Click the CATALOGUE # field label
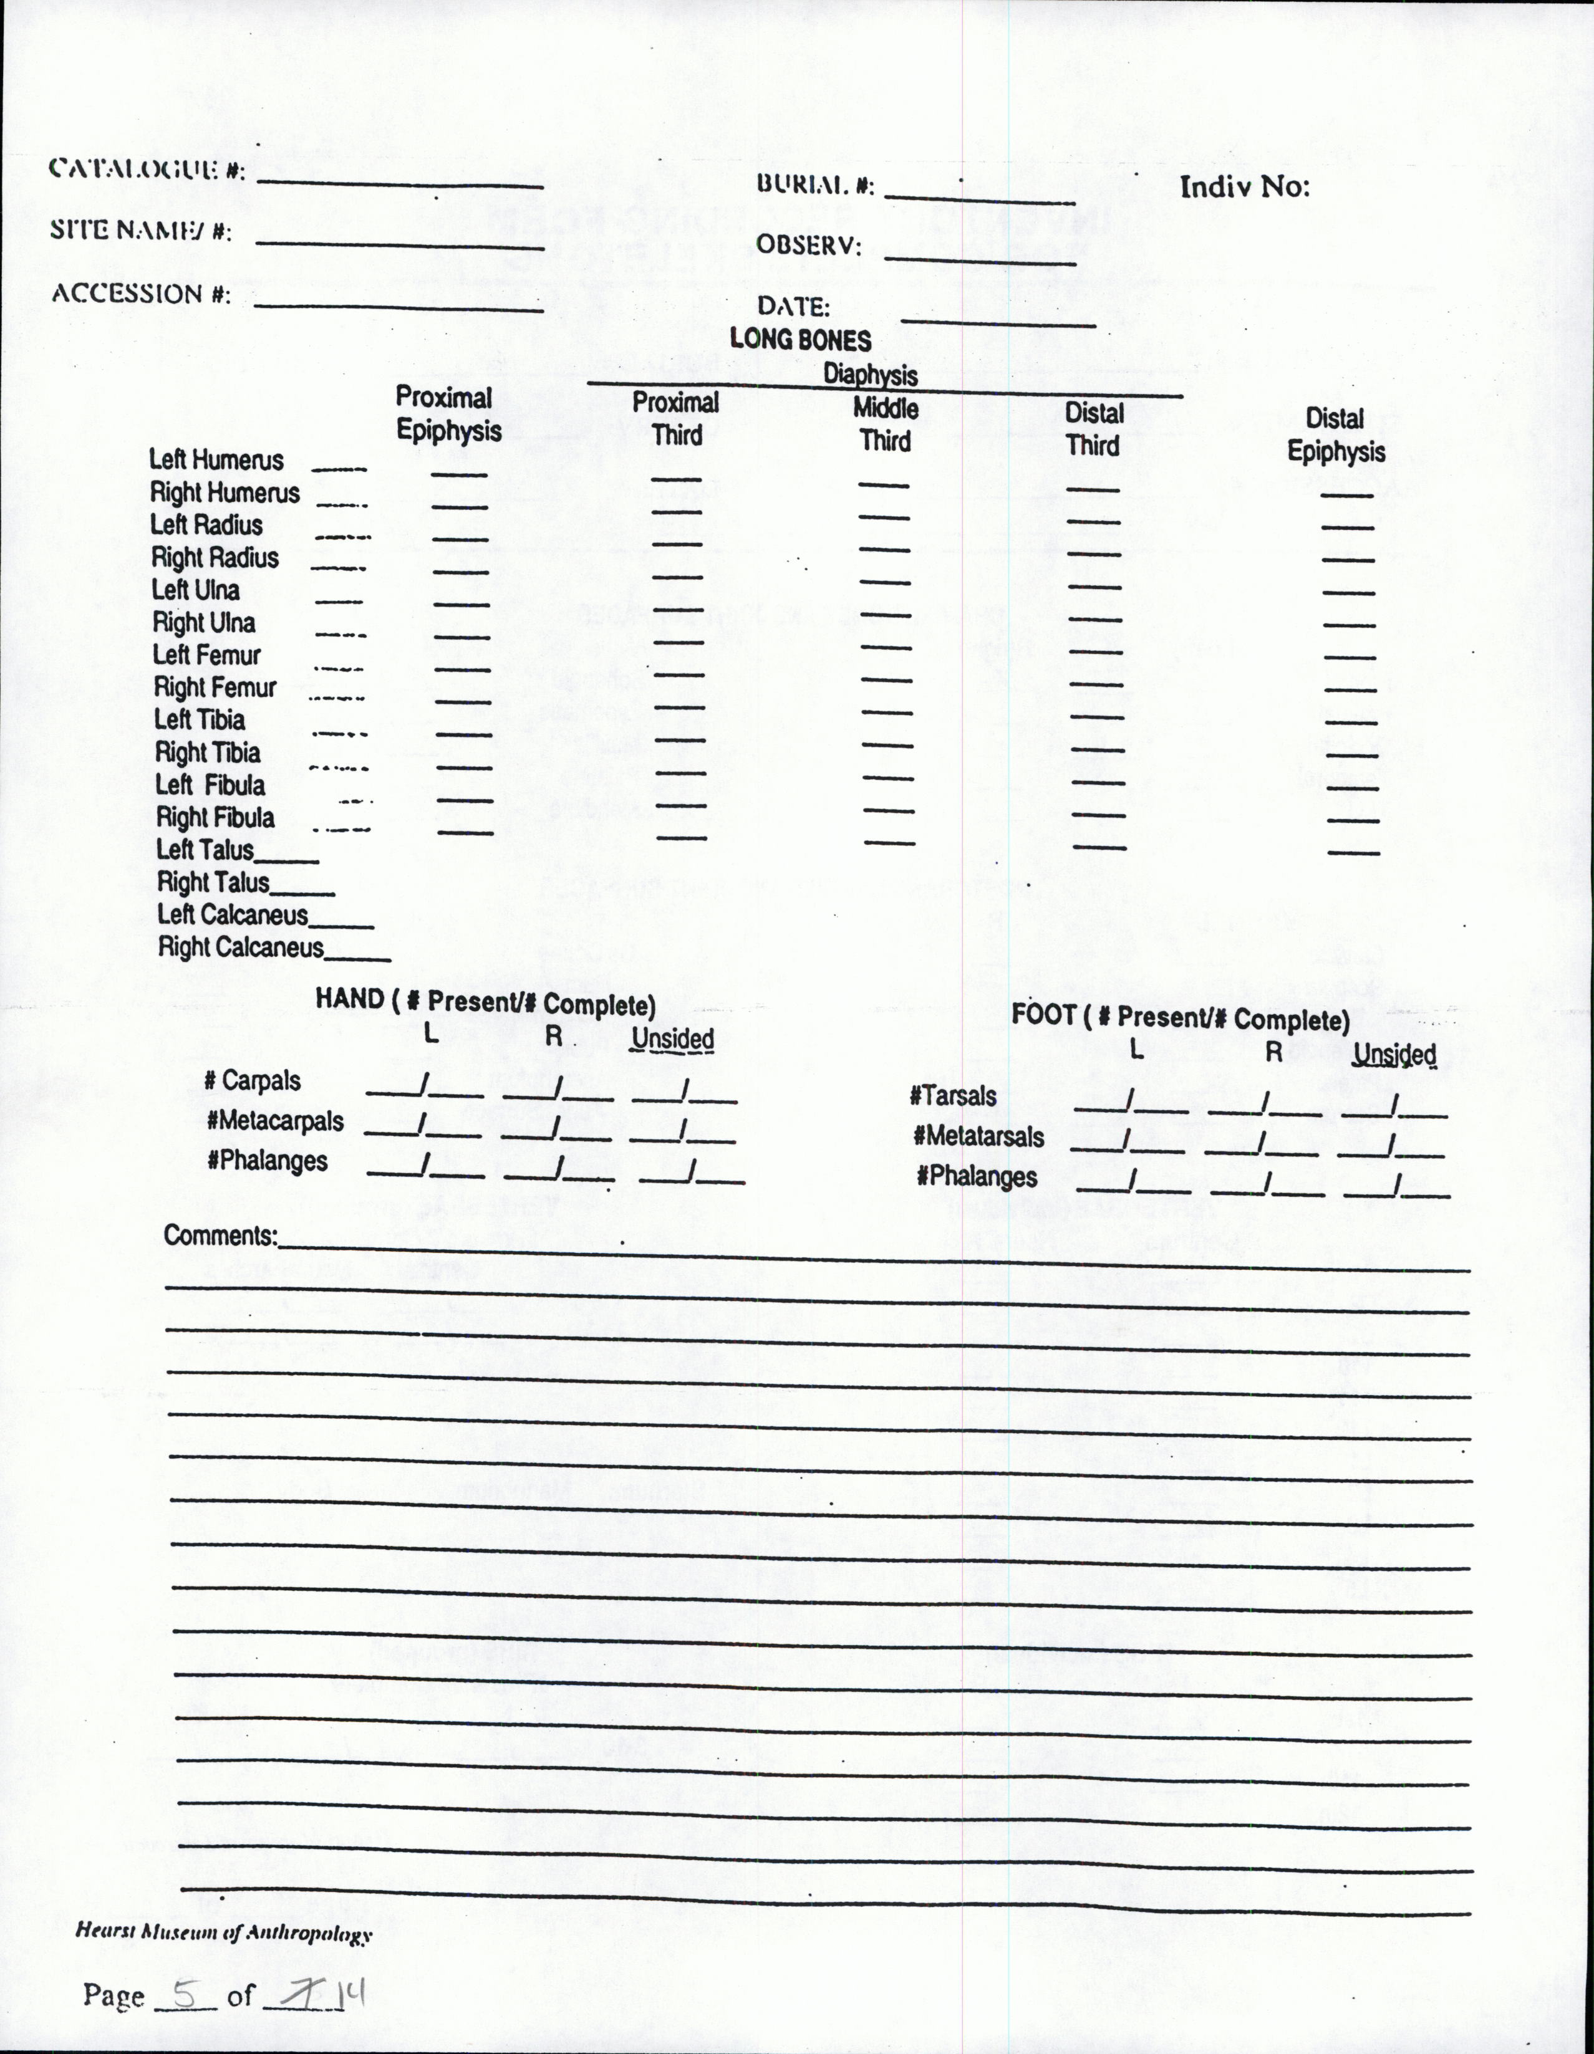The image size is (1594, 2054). pyautogui.click(x=147, y=170)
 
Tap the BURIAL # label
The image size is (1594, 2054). pyautogui.click(x=815, y=185)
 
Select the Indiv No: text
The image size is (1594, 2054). pyautogui.click(x=1244, y=187)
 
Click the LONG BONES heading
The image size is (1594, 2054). pyautogui.click(x=801, y=340)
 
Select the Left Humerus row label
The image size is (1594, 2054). pyautogui.click(x=216, y=460)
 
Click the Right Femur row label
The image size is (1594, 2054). pyautogui.click(x=216, y=688)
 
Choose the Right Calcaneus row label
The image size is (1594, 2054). pyautogui.click(x=241, y=947)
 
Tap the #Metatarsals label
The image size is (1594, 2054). pyautogui.click(x=978, y=1136)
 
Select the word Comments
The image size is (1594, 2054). pyautogui.click(x=220, y=1235)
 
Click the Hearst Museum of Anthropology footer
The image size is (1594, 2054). pyautogui.click(x=224, y=1934)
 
